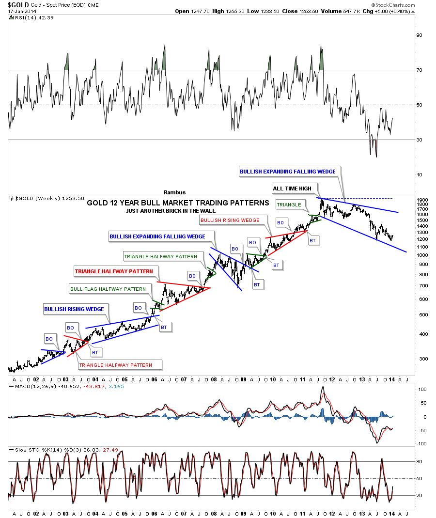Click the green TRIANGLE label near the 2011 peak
point(289,205)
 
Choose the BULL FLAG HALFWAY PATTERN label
point(108,289)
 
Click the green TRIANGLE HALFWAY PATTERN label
point(160,256)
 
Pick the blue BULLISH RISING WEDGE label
point(74,309)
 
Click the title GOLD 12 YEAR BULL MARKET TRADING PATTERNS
point(178,203)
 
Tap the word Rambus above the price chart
point(175,192)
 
